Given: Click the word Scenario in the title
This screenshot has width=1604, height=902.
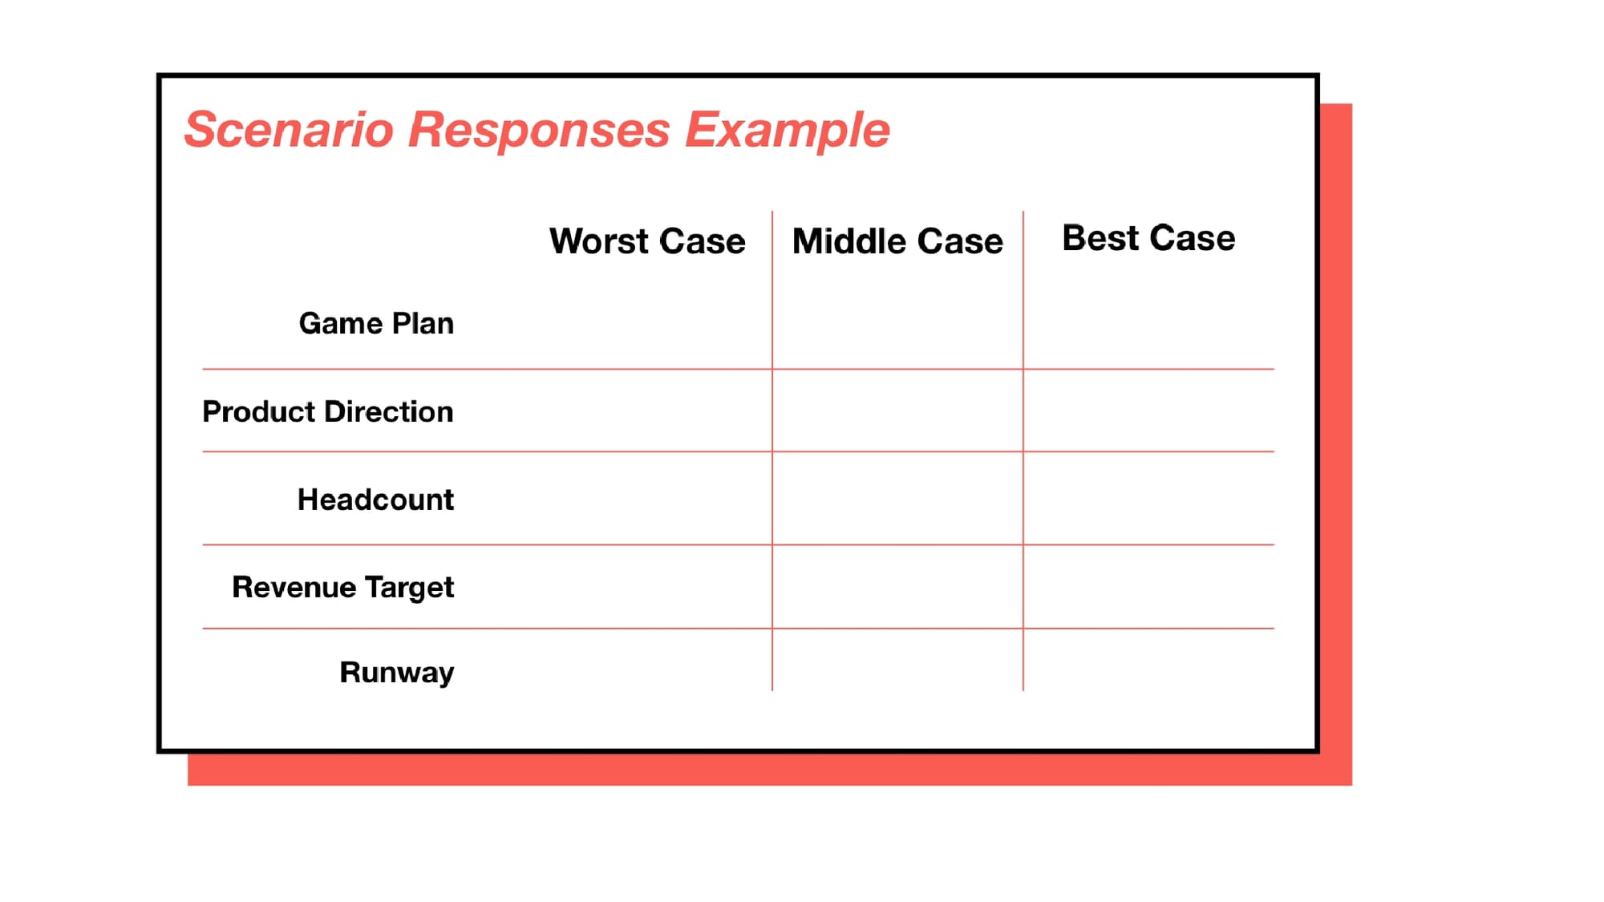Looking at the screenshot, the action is pos(290,129).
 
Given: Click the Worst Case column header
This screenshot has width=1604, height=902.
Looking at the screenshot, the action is pos(647,241).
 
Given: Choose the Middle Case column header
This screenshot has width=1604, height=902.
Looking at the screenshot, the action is pos(897,241).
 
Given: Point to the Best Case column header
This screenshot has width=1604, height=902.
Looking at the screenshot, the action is pos(1148,238).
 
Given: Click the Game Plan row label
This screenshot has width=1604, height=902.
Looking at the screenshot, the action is pos(376,323).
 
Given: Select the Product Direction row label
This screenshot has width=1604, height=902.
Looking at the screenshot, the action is pos(328,411).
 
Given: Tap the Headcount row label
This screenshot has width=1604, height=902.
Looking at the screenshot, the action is pos(375,500).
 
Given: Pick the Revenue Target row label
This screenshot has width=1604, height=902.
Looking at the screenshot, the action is pos(343,588).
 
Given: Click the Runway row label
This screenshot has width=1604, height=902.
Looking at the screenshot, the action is pos(397,673).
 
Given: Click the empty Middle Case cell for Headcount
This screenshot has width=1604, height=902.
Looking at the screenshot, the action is pos(897,499).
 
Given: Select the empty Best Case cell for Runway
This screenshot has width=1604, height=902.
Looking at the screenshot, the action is pos(1148,660).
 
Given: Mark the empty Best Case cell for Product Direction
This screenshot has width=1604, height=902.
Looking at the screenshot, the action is pos(1148,411).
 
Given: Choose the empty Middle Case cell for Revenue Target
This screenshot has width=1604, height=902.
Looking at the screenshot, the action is pos(897,587).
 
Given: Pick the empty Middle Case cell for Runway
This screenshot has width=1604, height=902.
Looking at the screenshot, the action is pos(897,660).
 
